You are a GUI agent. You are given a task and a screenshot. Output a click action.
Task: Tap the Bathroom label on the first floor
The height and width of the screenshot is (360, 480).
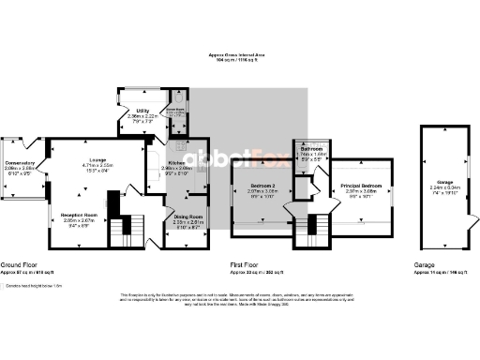tap(312, 150)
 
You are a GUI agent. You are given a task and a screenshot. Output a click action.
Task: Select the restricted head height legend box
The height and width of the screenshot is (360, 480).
tap(4, 285)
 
